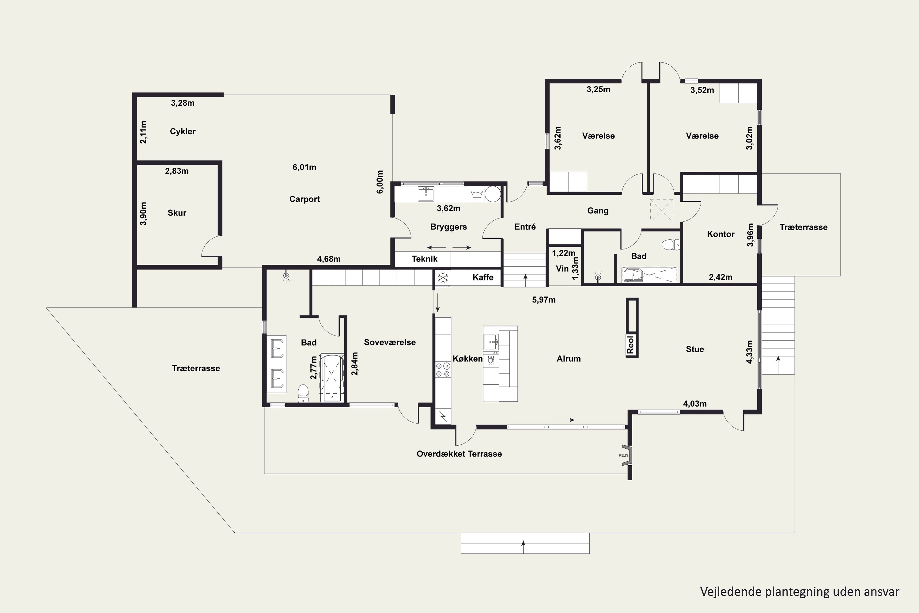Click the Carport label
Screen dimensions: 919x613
pyautogui.click(x=304, y=199)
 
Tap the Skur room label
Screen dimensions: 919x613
pyautogui.click(x=177, y=213)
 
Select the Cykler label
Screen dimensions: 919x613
pyautogui.click(x=183, y=131)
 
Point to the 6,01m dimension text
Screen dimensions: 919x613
pyautogui.click(x=304, y=167)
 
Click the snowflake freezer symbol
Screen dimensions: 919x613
pyautogui.click(x=443, y=278)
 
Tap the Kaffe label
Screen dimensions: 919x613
pyautogui.click(x=483, y=277)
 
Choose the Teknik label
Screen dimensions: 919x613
pyautogui.click(x=424, y=259)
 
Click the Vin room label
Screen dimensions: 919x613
pyautogui.click(x=562, y=268)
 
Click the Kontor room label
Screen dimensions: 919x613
pyautogui.click(x=720, y=234)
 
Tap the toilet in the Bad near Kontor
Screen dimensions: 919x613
pyautogui.click(x=671, y=245)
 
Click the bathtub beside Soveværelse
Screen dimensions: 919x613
pyautogui.click(x=332, y=378)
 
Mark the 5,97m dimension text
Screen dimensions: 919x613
pyautogui.click(x=543, y=300)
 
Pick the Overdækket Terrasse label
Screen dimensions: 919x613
pyautogui.click(x=459, y=454)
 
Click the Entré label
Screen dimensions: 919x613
pyautogui.click(x=525, y=227)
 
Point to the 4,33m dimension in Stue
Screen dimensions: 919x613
pyautogui.click(x=749, y=352)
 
